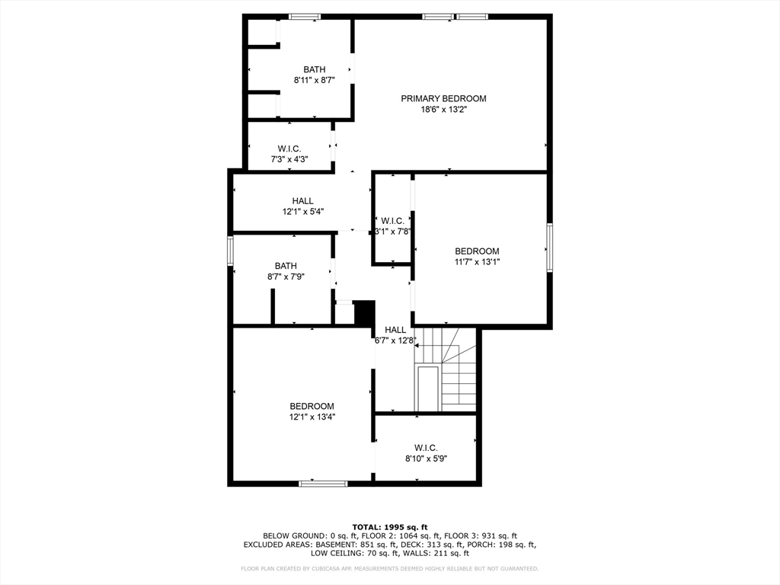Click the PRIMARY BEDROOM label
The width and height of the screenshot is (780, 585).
444,98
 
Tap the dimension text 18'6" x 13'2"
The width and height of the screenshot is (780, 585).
444,110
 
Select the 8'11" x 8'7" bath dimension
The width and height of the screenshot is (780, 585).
315,80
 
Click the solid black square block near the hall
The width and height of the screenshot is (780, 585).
364,313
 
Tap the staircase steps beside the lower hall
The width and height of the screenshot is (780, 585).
446,370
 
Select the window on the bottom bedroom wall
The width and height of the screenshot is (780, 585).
323,483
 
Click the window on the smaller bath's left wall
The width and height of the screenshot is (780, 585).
230,251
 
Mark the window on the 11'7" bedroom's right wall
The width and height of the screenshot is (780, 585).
549,248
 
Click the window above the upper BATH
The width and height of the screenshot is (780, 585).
305,17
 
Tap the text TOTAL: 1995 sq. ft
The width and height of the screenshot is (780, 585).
390,527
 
